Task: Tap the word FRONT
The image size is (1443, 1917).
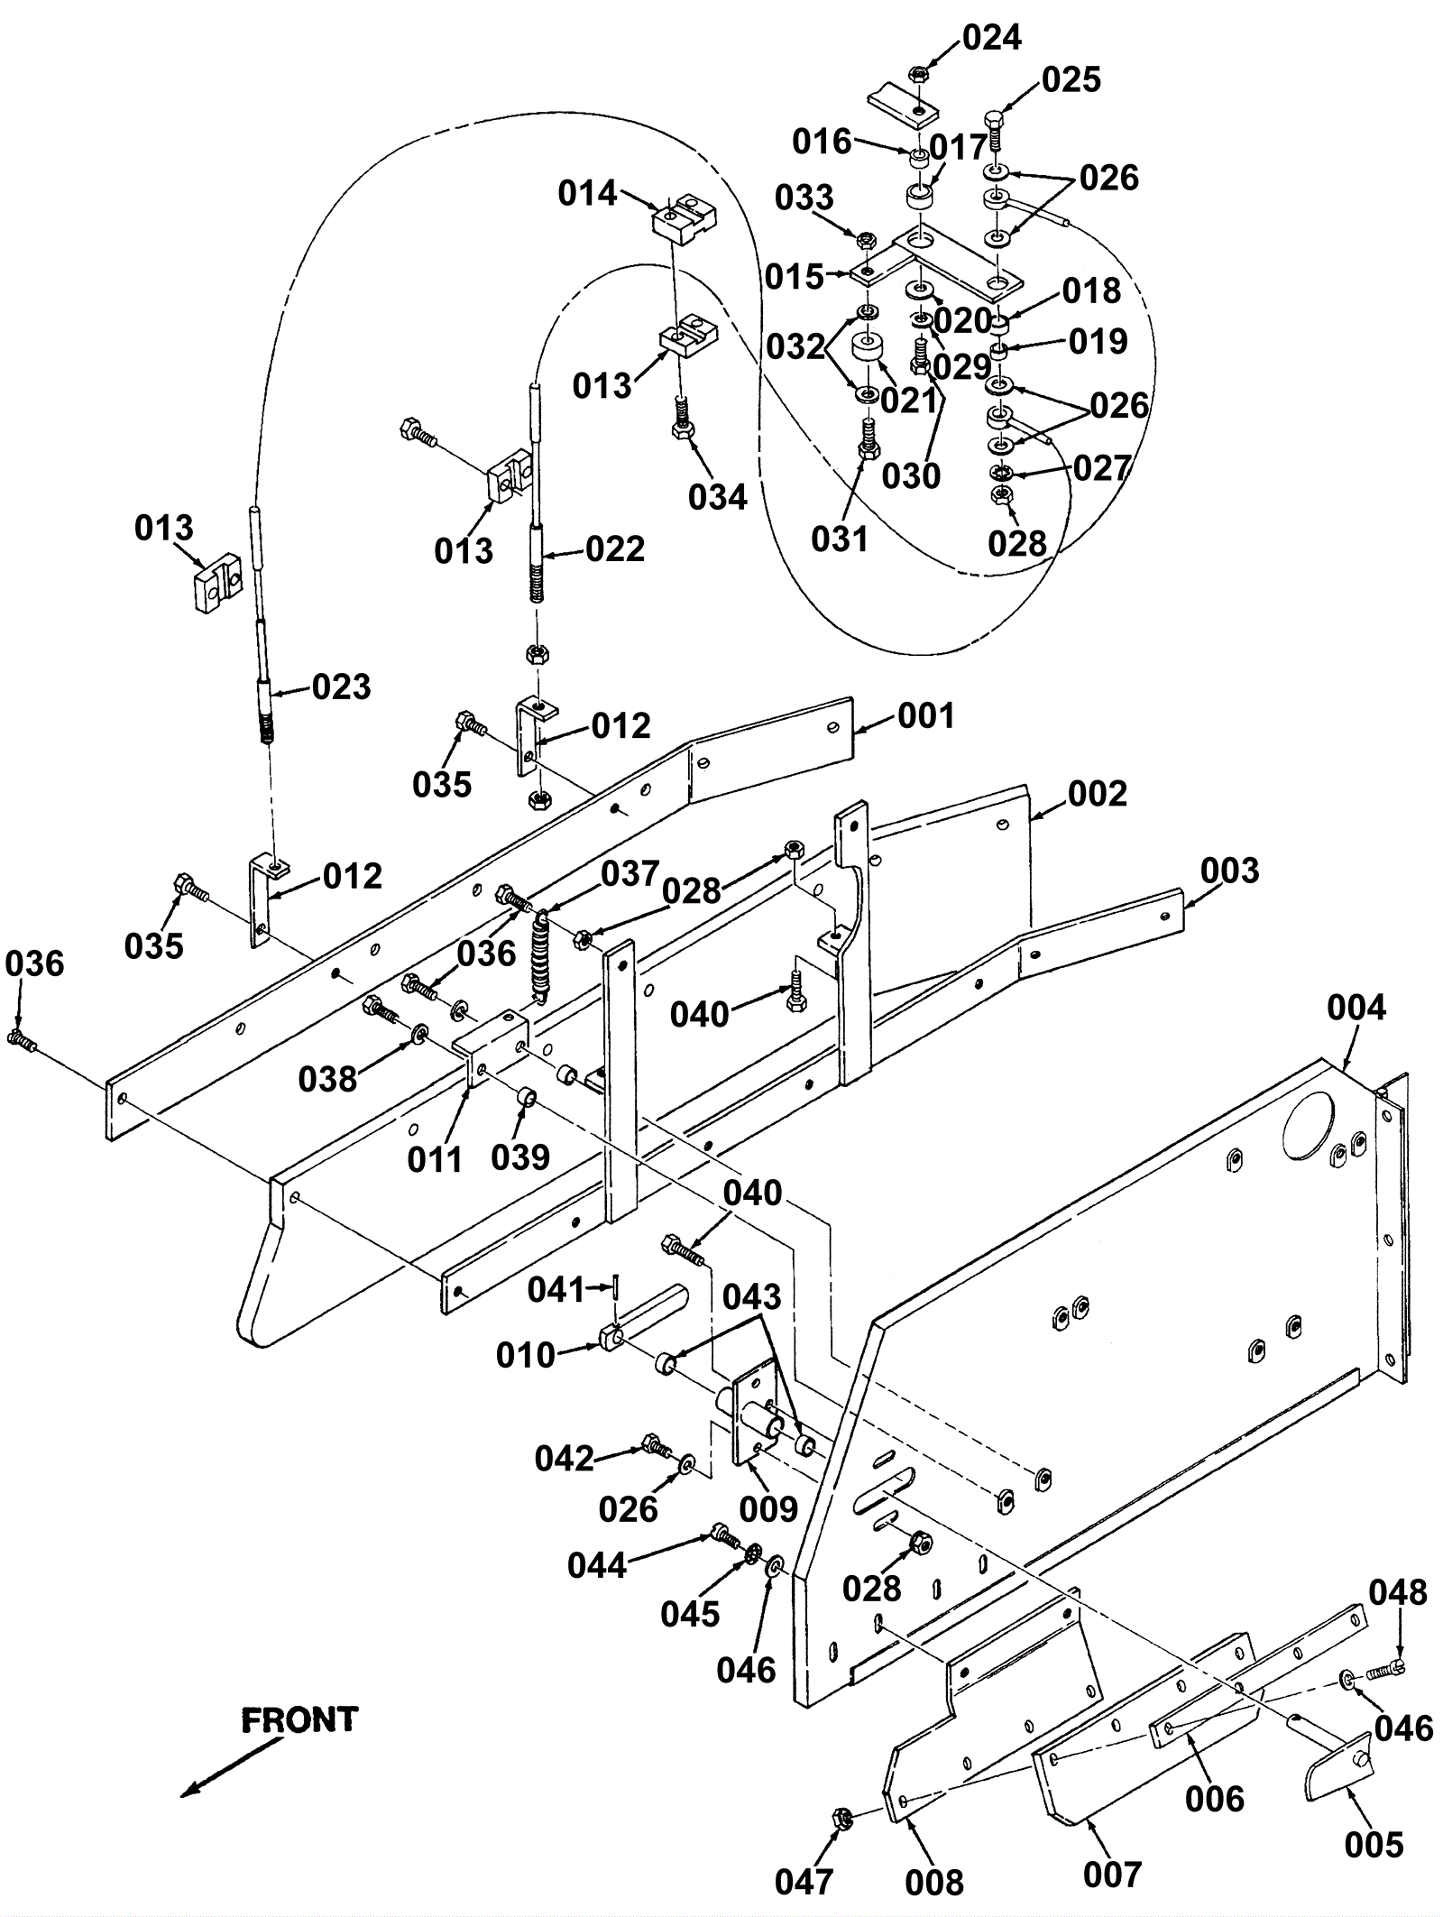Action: point(299,1719)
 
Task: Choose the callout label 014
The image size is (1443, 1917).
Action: point(587,193)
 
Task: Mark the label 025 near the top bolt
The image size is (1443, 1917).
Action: point(1071,79)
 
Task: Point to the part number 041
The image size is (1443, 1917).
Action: point(556,1290)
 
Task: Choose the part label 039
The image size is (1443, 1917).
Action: point(520,1157)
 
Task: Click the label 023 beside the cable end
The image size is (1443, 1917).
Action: point(342,687)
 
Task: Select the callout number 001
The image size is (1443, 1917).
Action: point(925,716)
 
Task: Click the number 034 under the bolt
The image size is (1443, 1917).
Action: point(718,496)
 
